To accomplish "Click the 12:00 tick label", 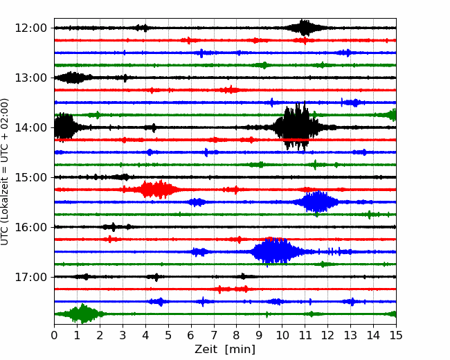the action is click(x=30, y=28).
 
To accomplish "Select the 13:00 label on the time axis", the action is click(x=30, y=78).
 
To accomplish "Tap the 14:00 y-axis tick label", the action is click(x=30, y=127).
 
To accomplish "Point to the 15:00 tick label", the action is click(x=30, y=177).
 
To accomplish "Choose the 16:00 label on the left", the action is click(x=30, y=227).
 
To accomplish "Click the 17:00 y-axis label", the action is click(x=30, y=277).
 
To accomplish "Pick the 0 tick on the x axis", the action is click(x=54, y=335).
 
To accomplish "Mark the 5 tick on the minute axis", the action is click(x=168, y=335).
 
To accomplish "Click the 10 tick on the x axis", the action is click(x=282, y=335).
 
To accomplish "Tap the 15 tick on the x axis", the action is click(x=396, y=335).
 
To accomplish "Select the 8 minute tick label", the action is click(x=237, y=335).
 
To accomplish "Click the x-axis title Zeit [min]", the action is click(x=225, y=350).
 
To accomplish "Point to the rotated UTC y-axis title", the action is click(x=5, y=172).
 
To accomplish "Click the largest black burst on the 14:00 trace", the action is click(x=297, y=126).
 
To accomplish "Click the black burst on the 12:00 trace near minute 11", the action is click(x=304, y=28).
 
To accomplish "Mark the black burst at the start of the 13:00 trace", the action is click(x=73, y=78).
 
